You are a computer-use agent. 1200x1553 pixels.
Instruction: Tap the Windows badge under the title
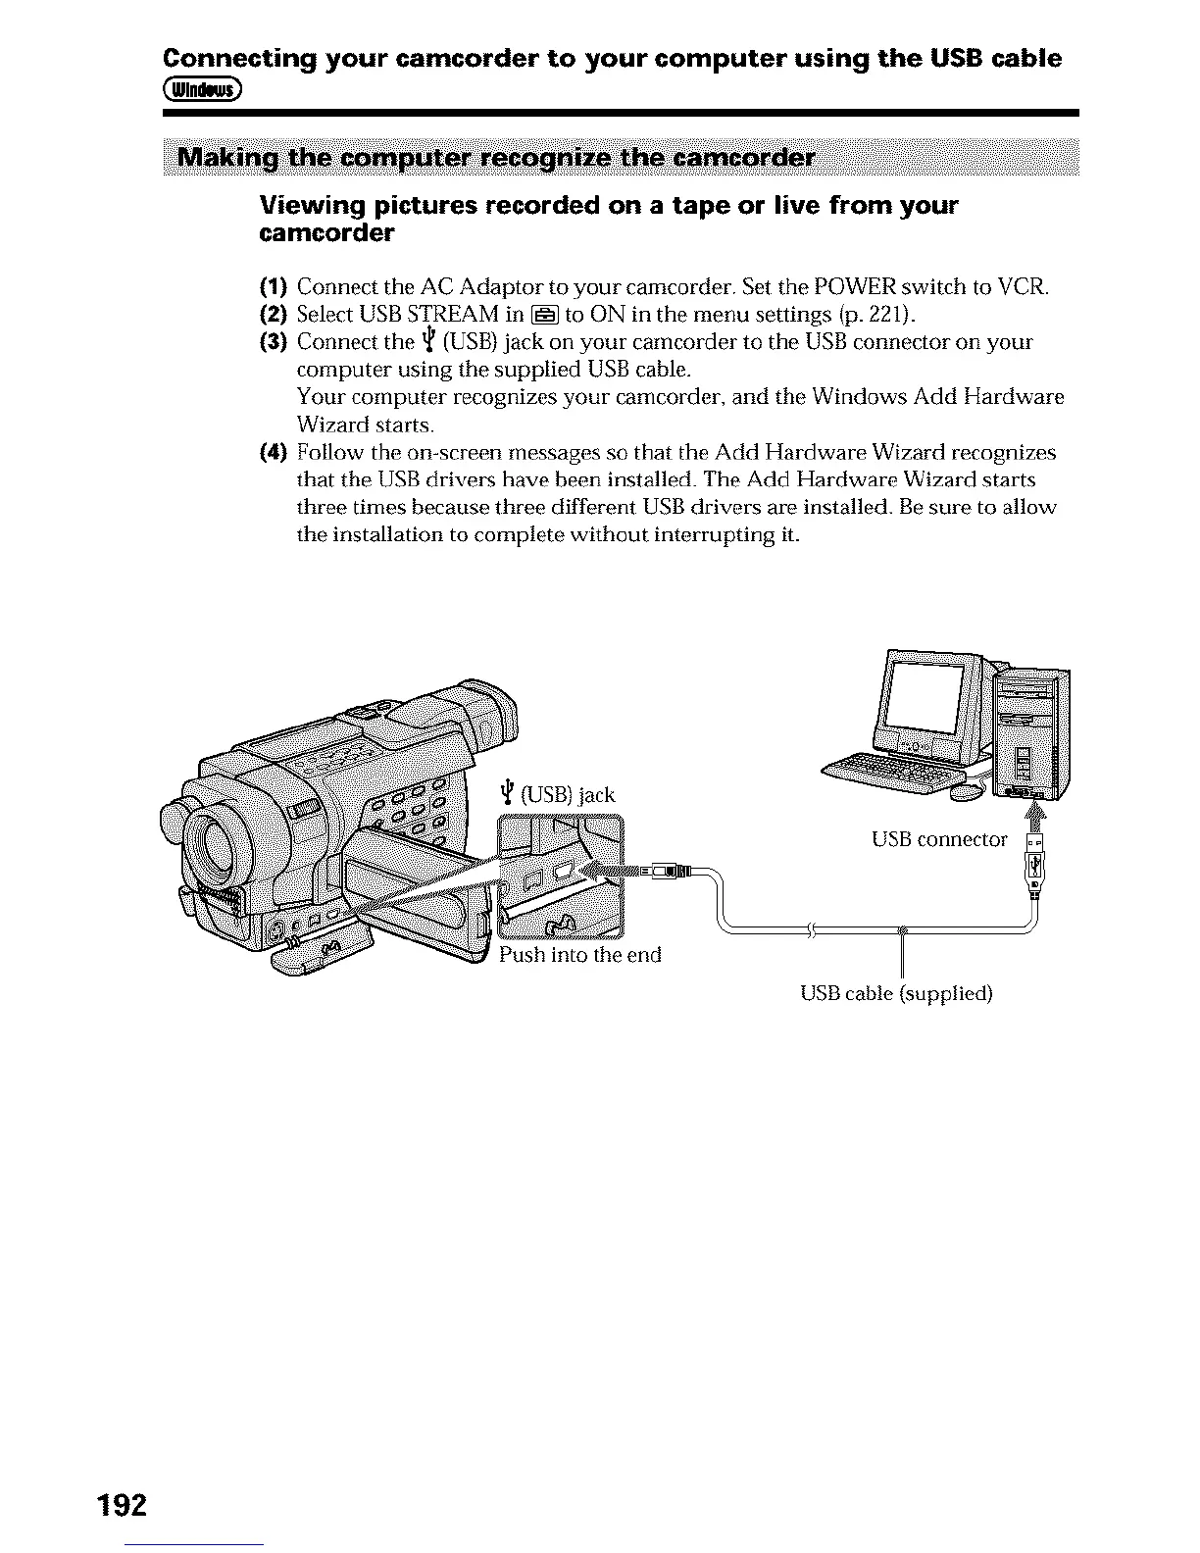pos(204,90)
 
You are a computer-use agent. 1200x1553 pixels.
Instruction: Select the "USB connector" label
pos(938,839)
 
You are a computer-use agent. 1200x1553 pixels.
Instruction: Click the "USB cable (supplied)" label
pos(896,993)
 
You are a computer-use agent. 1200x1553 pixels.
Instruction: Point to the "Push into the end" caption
pos(579,954)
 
